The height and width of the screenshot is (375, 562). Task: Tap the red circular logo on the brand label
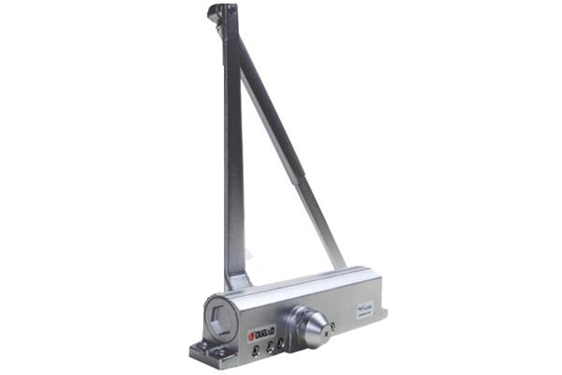250,334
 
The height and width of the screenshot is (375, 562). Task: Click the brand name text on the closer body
264,331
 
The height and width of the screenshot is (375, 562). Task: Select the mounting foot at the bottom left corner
203,352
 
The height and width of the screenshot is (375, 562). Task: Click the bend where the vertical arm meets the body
236,281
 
